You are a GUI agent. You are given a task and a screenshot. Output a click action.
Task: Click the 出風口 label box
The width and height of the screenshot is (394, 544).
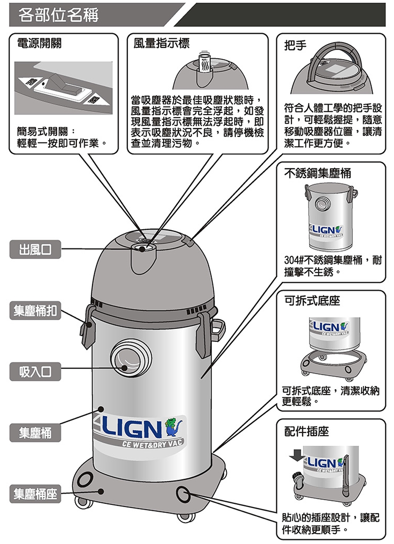(x=35, y=250)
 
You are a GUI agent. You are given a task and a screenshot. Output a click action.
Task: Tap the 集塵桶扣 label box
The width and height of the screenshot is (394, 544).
(x=35, y=311)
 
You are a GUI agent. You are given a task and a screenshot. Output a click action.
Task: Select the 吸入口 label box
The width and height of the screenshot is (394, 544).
(x=35, y=372)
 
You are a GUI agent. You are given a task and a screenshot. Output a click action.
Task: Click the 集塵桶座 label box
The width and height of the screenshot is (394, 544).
(x=35, y=494)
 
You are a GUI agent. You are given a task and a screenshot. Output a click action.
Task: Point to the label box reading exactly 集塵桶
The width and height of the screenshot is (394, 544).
(x=35, y=433)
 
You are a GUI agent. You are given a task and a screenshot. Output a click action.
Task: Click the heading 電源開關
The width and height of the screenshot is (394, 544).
(x=39, y=43)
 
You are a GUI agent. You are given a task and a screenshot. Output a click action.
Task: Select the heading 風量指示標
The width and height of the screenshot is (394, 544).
(x=161, y=43)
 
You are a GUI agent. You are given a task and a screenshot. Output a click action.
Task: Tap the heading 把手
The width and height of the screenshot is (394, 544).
(x=295, y=45)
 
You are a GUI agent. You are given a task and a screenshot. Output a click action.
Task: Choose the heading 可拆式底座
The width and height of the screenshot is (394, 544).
(x=312, y=301)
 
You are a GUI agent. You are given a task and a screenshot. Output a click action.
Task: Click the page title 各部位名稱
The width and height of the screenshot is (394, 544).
(x=58, y=15)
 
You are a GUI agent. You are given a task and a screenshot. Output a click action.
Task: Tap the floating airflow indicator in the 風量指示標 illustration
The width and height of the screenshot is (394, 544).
(x=204, y=63)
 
